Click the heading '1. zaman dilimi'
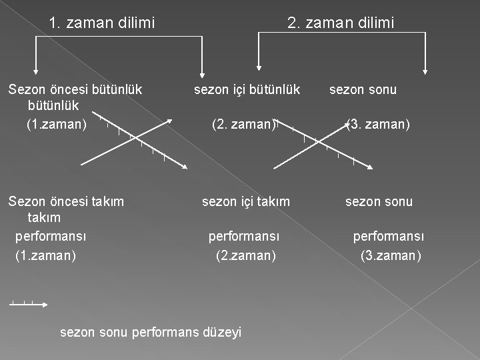pyautogui.click(x=101, y=23)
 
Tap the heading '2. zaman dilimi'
pyautogui.click(x=340, y=23)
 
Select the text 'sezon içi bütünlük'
pyautogui.click(x=247, y=89)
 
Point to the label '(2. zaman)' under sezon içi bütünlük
pyautogui.click(x=243, y=124)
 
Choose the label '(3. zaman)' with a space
pyautogui.click(x=378, y=124)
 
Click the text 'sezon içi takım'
pyautogui.click(x=246, y=201)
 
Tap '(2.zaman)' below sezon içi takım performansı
pyautogui.click(x=245, y=255)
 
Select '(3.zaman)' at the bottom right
pyautogui.click(x=391, y=255)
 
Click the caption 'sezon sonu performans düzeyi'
pyautogui.click(x=151, y=331)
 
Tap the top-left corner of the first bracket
pyautogui.click(x=35, y=37)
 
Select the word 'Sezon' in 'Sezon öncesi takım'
pyautogui.click(x=25, y=201)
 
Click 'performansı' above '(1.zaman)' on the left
pyautogui.click(x=51, y=236)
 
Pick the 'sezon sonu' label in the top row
pyautogui.click(x=363, y=89)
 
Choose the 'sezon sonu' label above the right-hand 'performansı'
pyautogui.click(x=379, y=201)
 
